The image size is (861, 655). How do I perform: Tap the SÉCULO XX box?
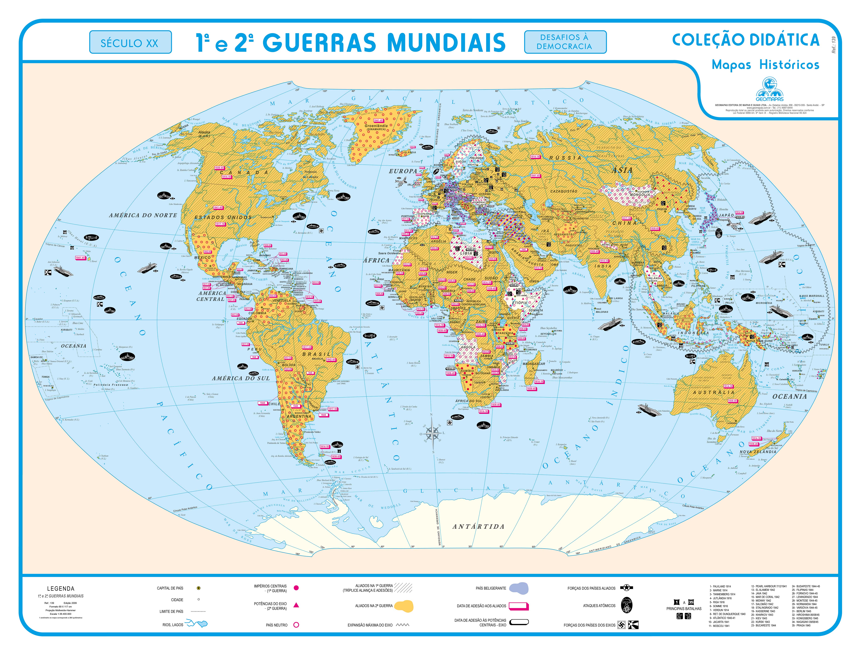tap(130, 42)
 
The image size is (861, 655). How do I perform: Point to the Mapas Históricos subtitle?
tap(765, 65)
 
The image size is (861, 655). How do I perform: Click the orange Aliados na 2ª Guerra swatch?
tap(404, 606)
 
